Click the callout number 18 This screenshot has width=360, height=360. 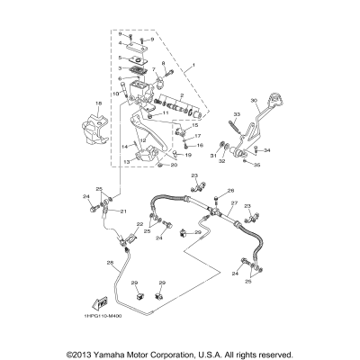point(98,105)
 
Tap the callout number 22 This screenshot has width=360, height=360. point(139,224)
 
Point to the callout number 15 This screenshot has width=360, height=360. point(194,125)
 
